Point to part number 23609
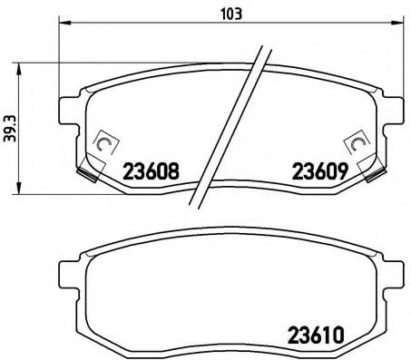click(x=315, y=170)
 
